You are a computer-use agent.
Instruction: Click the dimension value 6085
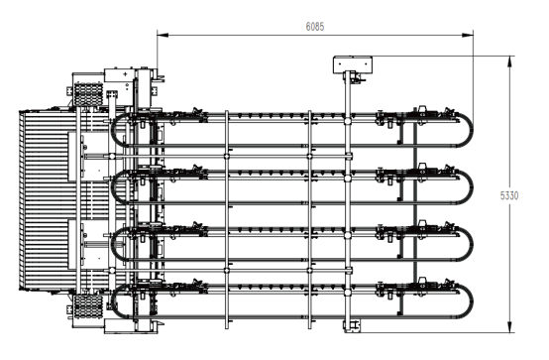(315, 27)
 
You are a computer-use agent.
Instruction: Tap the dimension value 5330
(509, 195)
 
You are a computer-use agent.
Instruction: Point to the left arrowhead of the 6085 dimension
(163, 35)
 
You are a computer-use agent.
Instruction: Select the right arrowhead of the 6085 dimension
(468, 35)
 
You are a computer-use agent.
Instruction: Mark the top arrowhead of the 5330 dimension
(509, 61)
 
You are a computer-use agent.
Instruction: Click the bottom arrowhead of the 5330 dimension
(509, 326)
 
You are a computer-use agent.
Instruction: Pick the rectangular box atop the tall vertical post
(353, 64)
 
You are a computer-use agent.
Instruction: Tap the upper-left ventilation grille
(88, 94)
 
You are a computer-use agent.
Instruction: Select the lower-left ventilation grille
(88, 306)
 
